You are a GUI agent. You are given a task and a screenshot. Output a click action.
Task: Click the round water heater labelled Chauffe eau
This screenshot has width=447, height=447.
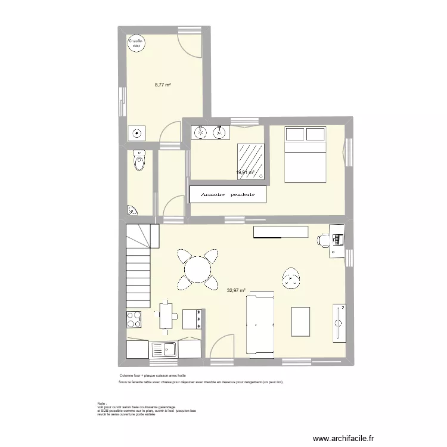click(136, 43)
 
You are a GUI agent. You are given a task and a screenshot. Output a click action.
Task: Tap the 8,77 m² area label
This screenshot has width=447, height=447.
click(163, 85)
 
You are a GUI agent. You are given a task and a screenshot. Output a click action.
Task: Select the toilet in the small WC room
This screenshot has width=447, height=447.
click(140, 160)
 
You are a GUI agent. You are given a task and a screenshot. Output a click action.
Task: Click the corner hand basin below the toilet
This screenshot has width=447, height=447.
click(132, 210)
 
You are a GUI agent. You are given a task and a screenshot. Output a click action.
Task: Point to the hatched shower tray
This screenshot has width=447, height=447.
click(250, 160)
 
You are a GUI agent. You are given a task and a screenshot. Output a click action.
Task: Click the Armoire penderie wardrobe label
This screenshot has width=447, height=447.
click(228, 194)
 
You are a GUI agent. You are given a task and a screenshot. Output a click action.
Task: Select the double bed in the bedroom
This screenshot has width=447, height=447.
click(305, 154)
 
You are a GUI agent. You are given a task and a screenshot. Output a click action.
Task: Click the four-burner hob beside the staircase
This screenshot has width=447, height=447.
click(134, 319)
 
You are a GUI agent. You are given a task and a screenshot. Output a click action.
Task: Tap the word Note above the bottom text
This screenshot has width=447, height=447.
click(101, 403)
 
